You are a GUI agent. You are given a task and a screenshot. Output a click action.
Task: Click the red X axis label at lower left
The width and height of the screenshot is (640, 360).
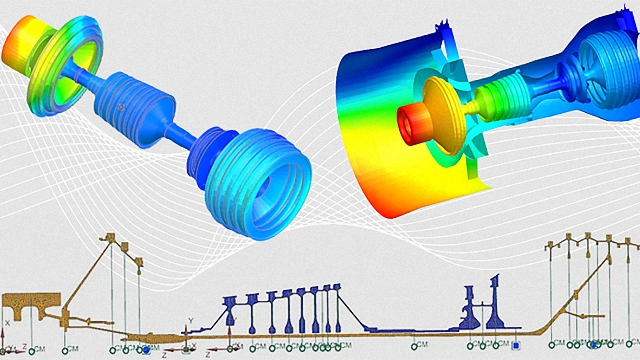[x=7, y=324]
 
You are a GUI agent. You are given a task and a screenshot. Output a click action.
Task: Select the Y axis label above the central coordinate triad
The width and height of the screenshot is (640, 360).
[x=189, y=321]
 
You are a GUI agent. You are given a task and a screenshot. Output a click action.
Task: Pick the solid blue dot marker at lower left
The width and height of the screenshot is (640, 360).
[x=146, y=350]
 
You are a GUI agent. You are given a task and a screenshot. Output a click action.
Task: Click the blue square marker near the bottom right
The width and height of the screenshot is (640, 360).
[x=516, y=346]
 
